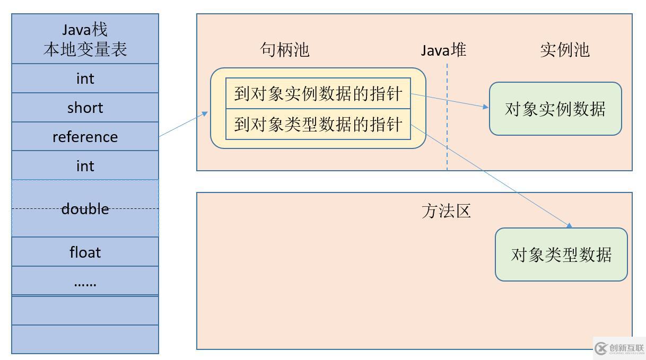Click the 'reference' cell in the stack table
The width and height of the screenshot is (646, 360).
pyautogui.click(x=85, y=137)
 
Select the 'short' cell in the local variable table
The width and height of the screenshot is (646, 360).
pyautogui.click(x=85, y=108)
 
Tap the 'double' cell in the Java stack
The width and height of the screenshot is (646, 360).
pyautogui.click(x=85, y=209)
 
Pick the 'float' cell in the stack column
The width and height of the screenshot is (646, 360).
pyautogui.click(x=85, y=252)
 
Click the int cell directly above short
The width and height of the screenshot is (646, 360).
pyautogui.click(x=85, y=78)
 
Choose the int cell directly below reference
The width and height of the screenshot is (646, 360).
pyautogui.click(x=85, y=166)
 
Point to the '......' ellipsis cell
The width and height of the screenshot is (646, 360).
pyautogui.click(x=85, y=282)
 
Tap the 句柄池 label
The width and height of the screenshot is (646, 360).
pyautogui.click(x=285, y=50)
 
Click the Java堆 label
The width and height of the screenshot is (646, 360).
pyautogui.click(x=443, y=50)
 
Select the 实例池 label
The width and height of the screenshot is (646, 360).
pyautogui.click(x=565, y=50)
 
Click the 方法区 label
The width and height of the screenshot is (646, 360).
pyautogui.click(x=446, y=211)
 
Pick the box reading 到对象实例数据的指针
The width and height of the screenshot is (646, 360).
pyautogui.click(x=318, y=94)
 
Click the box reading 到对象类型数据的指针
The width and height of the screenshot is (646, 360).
pyautogui.click(x=318, y=125)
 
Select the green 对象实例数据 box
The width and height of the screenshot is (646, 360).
pyautogui.click(x=555, y=109)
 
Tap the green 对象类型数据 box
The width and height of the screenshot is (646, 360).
pyautogui.click(x=561, y=254)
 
